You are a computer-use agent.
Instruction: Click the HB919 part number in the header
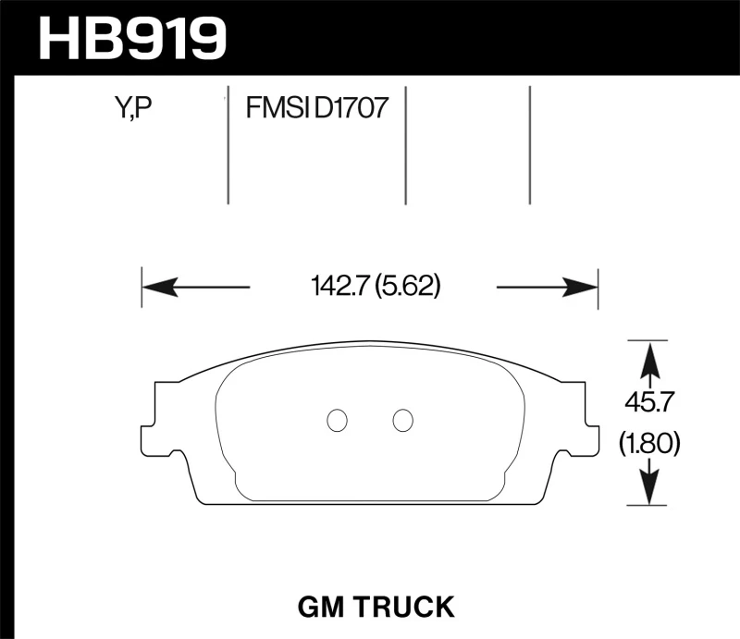pyautogui.click(x=132, y=38)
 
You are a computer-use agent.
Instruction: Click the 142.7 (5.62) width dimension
pyautogui.click(x=374, y=288)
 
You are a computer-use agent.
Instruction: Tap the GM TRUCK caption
pyautogui.click(x=375, y=607)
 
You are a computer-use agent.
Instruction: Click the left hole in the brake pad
pyautogui.click(x=338, y=420)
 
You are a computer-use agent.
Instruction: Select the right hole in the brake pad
pyautogui.click(x=402, y=420)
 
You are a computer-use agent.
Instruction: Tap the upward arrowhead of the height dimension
pyautogui.click(x=650, y=357)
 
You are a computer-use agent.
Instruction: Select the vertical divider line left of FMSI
pyautogui.click(x=228, y=148)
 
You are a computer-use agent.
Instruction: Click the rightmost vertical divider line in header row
pyautogui.click(x=530, y=148)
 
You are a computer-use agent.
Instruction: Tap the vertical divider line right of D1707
pyautogui.click(x=406, y=148)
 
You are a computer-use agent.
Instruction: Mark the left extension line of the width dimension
pyautogui.click(x=142, y=288)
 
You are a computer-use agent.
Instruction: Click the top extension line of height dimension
pyautogui.click(x=647, y=339)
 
